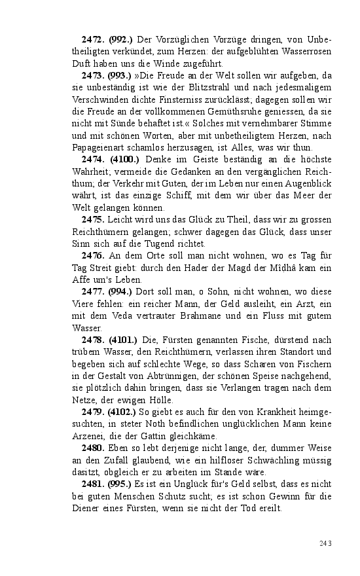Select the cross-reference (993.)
[x=118, y=76]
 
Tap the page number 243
[x=325, y=543]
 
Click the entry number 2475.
[x=94, y=219]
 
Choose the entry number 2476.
[x=94, y=255]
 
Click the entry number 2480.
[x=94, y=448]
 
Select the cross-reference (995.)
[x=118, y=484]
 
